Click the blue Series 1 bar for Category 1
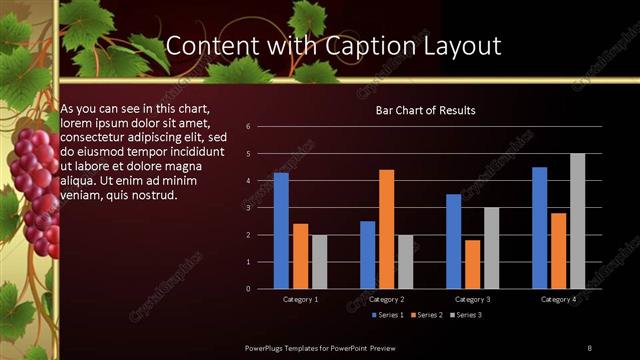(281, 231)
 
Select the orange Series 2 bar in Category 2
(387, 229)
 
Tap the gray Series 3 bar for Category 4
(577, 221)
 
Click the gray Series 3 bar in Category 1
(319, 262)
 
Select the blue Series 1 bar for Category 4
(540, 228)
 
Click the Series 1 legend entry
(390, 315)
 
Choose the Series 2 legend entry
(430, 315)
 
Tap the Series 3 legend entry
(470, 315)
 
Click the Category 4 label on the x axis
(558, 299)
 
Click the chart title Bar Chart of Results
(425, 110)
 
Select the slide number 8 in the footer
(590, 347)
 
